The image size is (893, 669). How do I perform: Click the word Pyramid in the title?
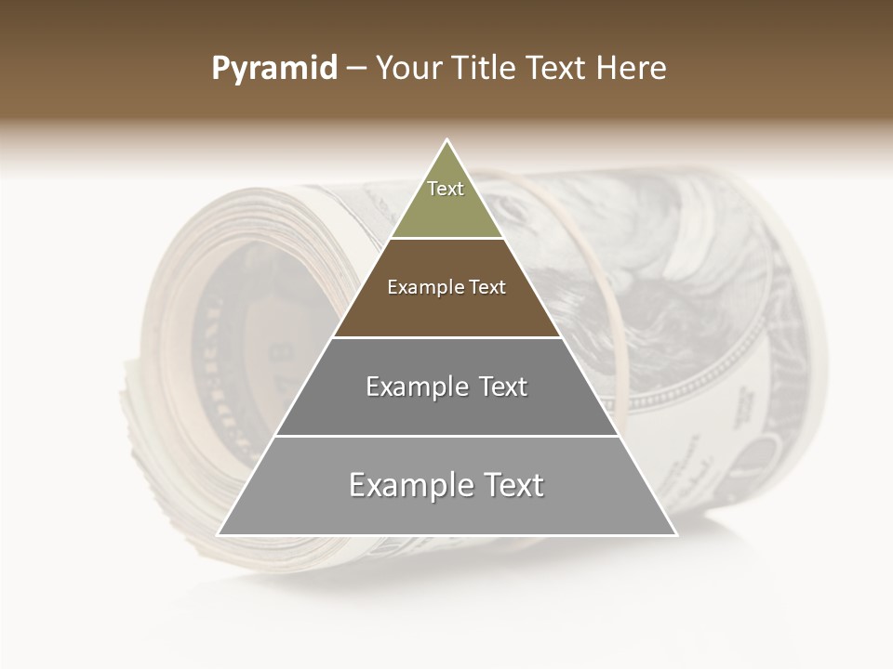[273, 69]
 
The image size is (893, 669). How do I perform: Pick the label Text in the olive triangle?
[446, 189]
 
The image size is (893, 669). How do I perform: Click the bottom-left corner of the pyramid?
[220, 534]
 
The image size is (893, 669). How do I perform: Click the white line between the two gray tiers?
[446, 436]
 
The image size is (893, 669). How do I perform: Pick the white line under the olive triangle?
[446, 239]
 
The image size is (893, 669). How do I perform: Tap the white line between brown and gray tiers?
[446, 337]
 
